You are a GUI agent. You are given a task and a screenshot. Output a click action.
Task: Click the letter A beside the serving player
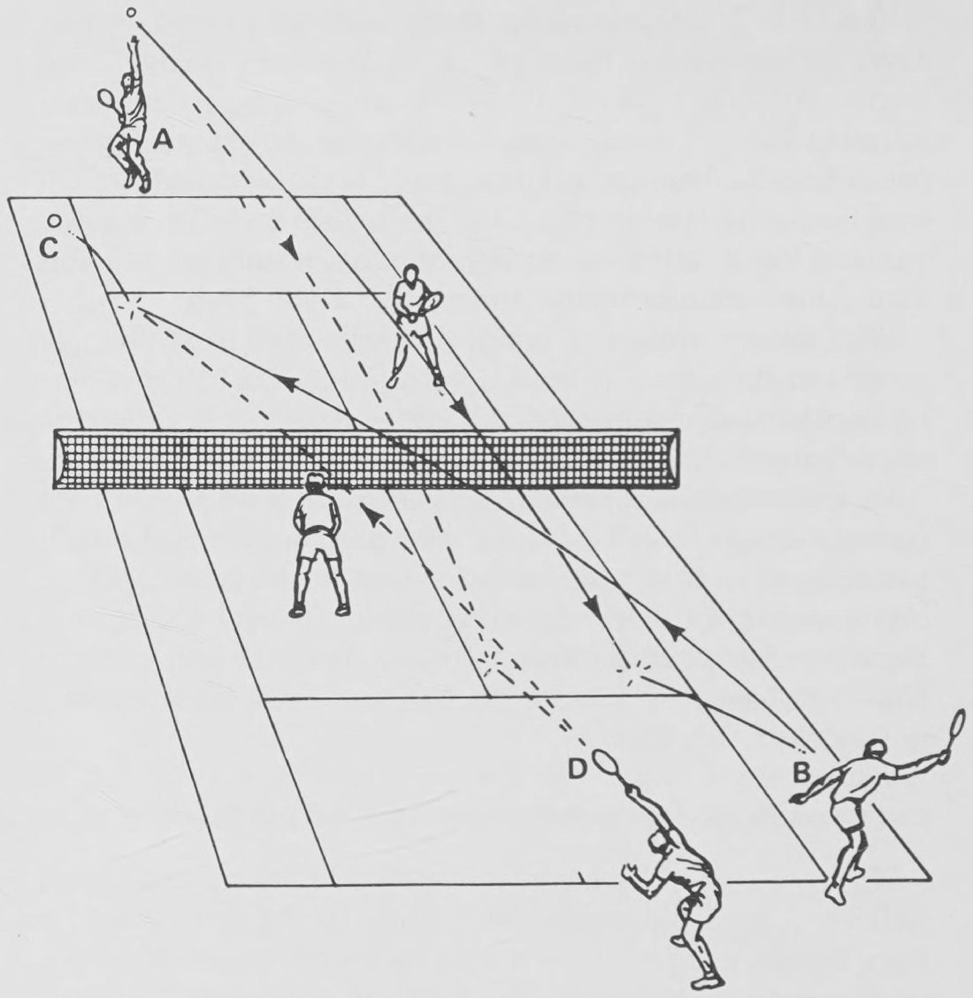(x=163, y=139)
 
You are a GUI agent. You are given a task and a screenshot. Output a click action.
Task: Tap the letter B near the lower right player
(x=801, y=772)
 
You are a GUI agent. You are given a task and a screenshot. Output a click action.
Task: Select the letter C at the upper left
(x=49, y=248)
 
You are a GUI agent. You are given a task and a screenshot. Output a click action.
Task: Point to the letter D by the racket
(x=577, y=770)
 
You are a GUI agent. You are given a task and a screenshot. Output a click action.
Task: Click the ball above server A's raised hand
(x=131, y=12)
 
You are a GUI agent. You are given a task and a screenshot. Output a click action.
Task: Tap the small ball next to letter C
(x=55, y=220)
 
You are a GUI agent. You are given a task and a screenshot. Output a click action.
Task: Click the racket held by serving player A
(x=106, y=101)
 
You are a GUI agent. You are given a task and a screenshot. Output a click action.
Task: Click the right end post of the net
(x=672, y=458)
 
